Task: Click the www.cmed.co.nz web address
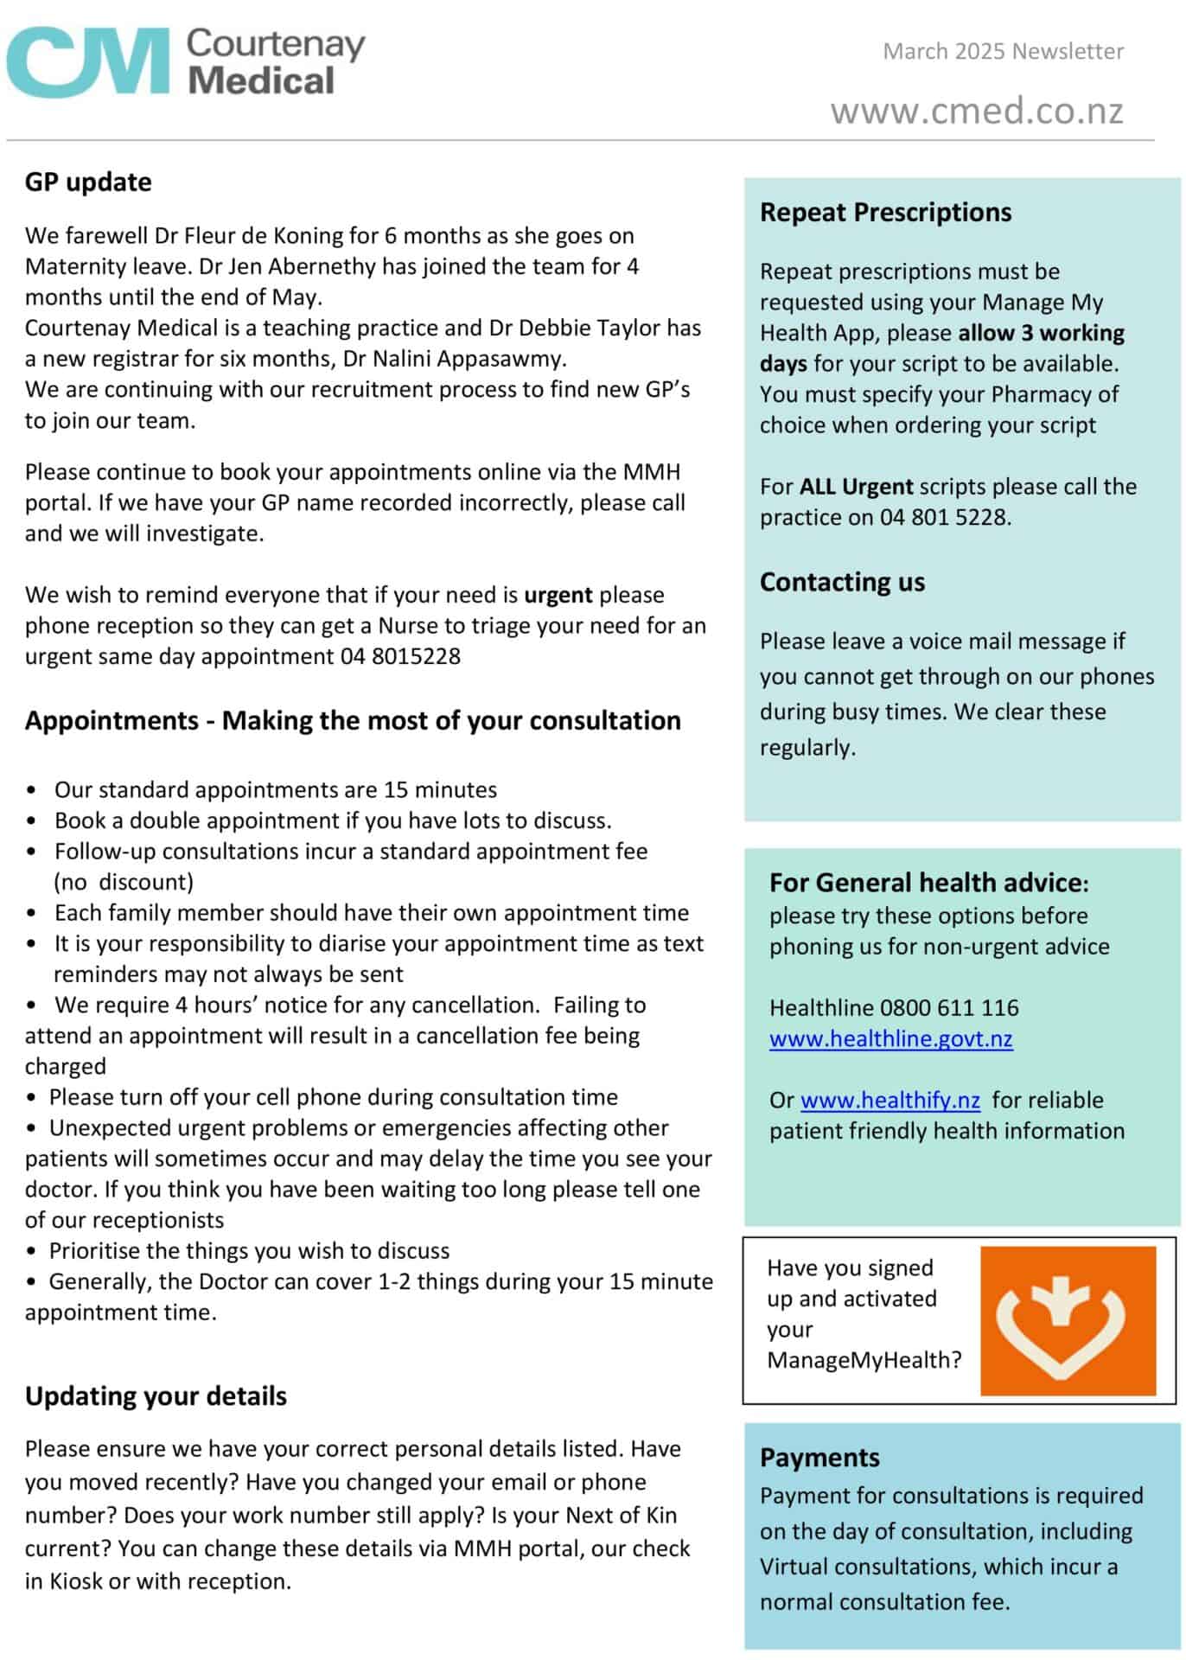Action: coord(977,111)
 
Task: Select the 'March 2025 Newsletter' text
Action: coord(1003,51)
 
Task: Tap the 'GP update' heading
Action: coord(88,182)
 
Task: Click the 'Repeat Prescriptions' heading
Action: coord(885,212)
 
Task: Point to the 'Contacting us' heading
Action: coord(842,582)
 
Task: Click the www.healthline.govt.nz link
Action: coord(890,1038)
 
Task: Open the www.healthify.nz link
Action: coord(889,1100)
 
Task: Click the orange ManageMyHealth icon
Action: coord(1068,1320)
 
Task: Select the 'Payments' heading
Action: coord(819,1457)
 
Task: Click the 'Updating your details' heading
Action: coord(156,1395)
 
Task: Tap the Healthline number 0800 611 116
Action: coord(949,1007)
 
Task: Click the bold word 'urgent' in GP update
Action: coord(558,595)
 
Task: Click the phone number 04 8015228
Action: coord(400,656)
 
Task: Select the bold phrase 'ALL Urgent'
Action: coord(856,486)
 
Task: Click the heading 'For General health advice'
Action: coord(925,882)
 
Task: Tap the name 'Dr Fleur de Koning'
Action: coord(251,235)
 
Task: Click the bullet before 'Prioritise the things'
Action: coord(31,1251)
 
